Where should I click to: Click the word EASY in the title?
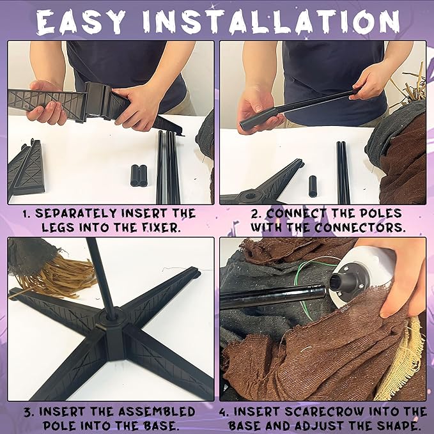point(81,22)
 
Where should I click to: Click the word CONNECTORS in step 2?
point(360,228)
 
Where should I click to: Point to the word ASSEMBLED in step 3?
point(157,412)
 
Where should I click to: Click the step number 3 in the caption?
point(27,412)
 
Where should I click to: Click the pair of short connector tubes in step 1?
point(139,175)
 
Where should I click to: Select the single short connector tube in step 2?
point(313,186)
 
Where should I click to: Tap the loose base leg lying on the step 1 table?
point(26,169)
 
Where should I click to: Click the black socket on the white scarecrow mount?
point(338,283)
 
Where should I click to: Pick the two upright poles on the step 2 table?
point(343,173)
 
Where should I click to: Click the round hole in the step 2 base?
point(251,196)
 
